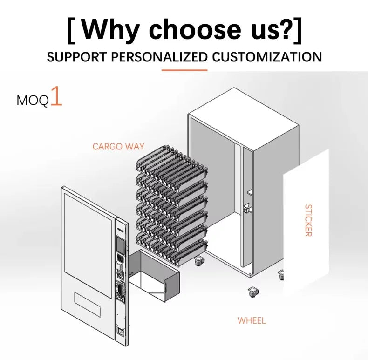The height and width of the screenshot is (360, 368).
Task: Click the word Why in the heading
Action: [x=111, y=30]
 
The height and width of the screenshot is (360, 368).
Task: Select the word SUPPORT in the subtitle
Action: [x=76, y=57]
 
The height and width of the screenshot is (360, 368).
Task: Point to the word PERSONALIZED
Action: [x=159, y=57]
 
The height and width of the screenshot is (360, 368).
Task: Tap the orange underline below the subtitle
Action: [x=184, y=70]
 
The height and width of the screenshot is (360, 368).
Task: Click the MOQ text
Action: [x=33, y=101]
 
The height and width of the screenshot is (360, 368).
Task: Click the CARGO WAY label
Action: [x=118, y=146]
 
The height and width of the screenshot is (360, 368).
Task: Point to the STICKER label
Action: [x=308, y=220]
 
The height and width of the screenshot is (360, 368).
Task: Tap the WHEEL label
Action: [x=252, y=320]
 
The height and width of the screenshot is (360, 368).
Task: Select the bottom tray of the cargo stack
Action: [x=172, y=249]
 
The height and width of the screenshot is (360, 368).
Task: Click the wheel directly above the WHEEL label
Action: [x=253, y=292]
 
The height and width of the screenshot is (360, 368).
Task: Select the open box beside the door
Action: [x=154, y=275]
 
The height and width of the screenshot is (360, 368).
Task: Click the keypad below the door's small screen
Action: [x=121, y=258]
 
